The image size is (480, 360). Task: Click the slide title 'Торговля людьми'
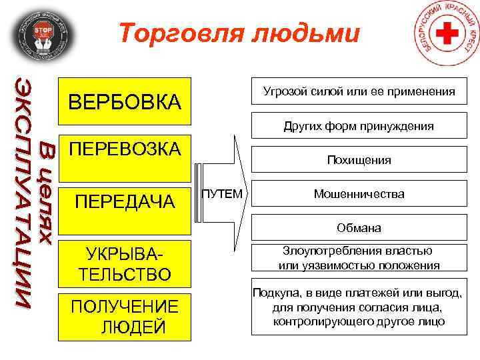[x=239, y=33]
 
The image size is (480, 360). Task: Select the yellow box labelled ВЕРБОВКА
[x=125, y=103]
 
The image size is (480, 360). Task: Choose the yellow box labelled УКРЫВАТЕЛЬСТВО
[x=125, y=264]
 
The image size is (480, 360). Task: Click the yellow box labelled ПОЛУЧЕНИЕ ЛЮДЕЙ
[x=125, y=317]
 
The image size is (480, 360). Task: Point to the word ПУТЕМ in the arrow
[x=222, y=194]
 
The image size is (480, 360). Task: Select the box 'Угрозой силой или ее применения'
[x=359, y=91]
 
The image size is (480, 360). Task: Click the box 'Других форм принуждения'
[x=359, y=125]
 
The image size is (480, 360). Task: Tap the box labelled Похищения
[x=359, y=160]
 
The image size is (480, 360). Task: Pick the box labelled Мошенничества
[x=359, y=194]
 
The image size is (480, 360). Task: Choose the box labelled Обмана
[x=359, y=228]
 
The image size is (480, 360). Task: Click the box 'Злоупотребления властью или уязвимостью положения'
[x=359, y=258]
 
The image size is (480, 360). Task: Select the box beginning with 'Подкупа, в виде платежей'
[x=359, y=307]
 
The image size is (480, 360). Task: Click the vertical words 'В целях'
[x=47, y=193]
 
